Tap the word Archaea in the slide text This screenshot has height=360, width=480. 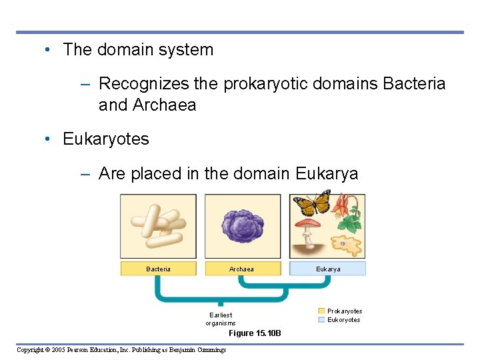tap(164, 105)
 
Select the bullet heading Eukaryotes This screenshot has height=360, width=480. tap(106, 139)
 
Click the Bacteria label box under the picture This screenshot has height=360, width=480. tap(159, 269)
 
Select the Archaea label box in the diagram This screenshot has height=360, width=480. tap(241, 269)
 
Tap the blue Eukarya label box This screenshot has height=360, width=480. tap(327, 269)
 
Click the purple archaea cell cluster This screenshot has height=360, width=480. tap(242, 226)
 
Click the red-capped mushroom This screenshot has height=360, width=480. tap(309, 227)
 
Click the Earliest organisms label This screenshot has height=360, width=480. tap(221, 319)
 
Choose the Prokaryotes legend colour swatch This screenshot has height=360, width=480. tap(321, 311)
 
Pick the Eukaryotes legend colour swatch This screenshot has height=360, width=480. tap(321, 320)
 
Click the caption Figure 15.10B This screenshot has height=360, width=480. tap(255, 333)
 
